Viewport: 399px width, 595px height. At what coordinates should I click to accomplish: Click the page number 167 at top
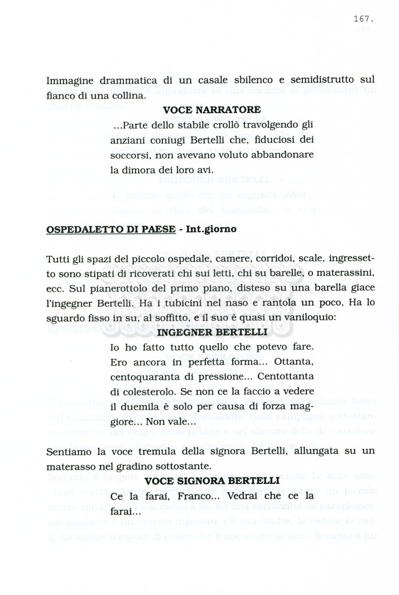363,19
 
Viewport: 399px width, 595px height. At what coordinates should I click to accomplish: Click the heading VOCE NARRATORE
212,109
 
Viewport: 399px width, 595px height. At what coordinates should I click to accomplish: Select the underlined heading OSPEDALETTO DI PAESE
111,229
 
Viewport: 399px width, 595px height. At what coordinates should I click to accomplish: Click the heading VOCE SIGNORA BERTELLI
212,481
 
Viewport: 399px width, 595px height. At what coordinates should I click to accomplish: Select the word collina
128,95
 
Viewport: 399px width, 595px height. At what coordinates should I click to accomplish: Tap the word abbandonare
284,155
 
